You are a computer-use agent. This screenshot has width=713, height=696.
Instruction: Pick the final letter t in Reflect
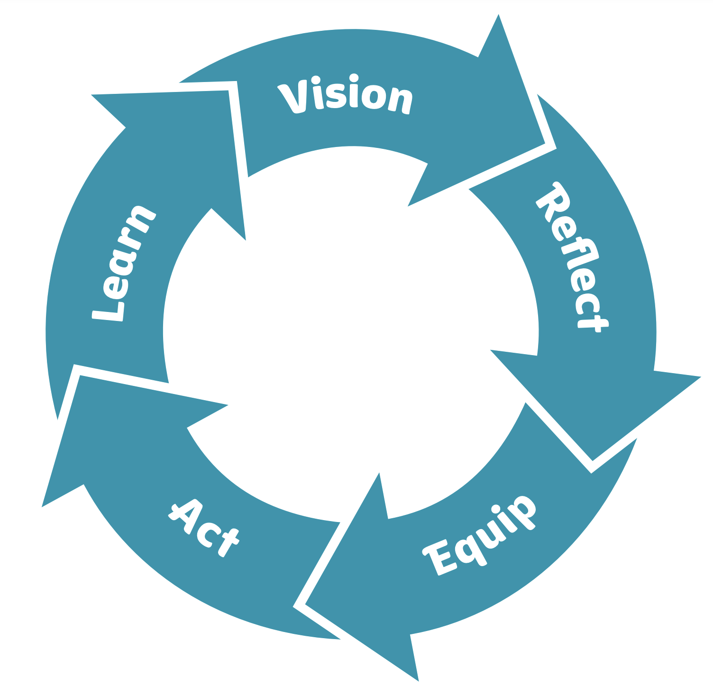[x=593, y=322]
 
